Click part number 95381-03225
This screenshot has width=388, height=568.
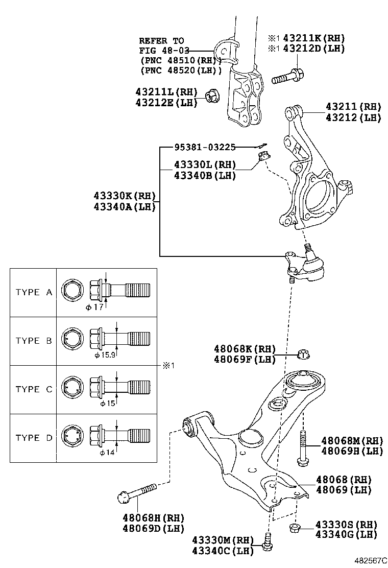point(205,147)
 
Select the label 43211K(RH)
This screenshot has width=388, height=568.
point(314,38)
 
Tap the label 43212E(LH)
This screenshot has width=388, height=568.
point(166,103)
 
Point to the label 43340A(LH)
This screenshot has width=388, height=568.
point(125,207)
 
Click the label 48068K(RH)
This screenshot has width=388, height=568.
point(245,349)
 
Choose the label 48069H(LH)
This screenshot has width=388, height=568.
point(352,451)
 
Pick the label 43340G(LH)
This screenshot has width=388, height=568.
point(346,534)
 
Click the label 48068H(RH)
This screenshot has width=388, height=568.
point(153,518)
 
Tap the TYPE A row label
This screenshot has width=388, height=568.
point(34,292)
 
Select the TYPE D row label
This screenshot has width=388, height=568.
point(34,438)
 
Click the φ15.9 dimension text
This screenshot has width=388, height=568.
point(105,356)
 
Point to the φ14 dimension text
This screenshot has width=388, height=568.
point(107,453)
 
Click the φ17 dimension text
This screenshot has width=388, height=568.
point(95,307)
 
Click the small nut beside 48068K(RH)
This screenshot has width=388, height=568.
point(303,354)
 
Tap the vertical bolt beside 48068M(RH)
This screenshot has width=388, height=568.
point(303,448)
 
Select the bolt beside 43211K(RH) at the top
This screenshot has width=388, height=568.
point(288,76)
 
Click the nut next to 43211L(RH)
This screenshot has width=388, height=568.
point(211,96)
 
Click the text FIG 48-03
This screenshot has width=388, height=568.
point(164,51)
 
